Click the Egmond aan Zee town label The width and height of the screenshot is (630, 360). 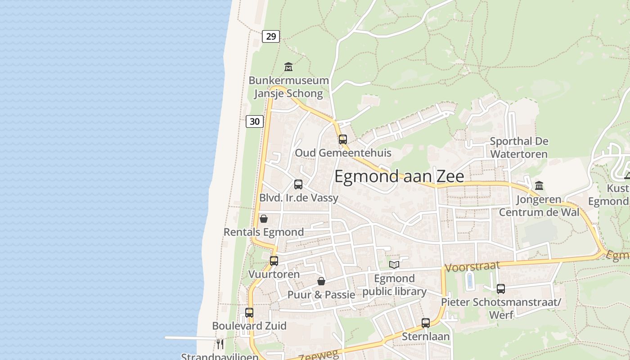click(x=399, y=176)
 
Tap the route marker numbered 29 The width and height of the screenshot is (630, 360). click(x=271, y=36)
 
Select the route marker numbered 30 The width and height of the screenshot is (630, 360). click(x=255, y=121)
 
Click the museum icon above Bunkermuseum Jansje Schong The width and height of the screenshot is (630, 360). click(x=288, y=67)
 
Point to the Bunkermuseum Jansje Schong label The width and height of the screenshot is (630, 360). click(x=288, y=87)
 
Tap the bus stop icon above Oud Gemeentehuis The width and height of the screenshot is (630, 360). click(x=343, y=139)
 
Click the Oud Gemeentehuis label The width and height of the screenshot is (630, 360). click(x=343, y=153)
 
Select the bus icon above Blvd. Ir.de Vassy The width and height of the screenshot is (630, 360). click(x=298, y=184)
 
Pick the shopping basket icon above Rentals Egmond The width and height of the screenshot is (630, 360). click(x=264, y=219)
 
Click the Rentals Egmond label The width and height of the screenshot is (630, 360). click(x=264, y=232)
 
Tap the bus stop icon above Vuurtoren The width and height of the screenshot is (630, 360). click(x=274, y=261)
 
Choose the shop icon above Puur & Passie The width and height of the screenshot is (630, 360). click(x=321, y=282)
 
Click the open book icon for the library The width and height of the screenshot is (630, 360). click(x=394, y=265)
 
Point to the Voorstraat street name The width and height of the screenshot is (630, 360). click(x=472, y=267)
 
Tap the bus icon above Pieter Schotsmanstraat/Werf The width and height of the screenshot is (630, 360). click(x=501, y=289)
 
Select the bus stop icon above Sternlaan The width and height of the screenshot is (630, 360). click(x=426, y=323)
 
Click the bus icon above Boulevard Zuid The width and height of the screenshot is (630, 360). click(x=249, y=312)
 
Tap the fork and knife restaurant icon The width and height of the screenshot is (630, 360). click(x=220, y=344)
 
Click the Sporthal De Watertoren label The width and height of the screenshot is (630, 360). click(x=519, y=148)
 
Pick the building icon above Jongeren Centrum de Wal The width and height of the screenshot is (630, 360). click(x=539, y=185)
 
